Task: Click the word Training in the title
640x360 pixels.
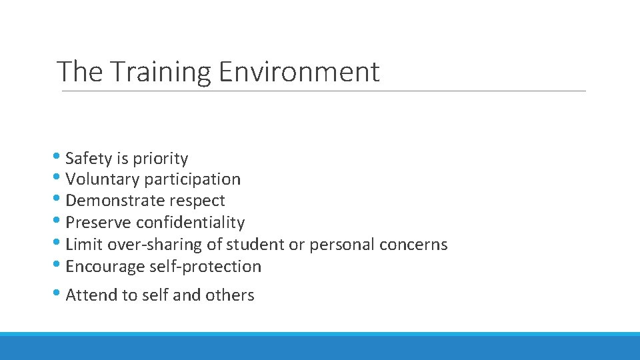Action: [x=159, y=72]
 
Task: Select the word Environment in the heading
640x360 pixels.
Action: [x=299, y=71]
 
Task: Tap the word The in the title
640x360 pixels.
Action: [x=79, y=71]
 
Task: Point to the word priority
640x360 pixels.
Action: [x=161, y=159]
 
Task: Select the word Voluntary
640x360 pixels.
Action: [x=103, y=179]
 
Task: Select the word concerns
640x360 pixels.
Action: [x=413, y=245]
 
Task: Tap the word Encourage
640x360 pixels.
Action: [x=105, y=267]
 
